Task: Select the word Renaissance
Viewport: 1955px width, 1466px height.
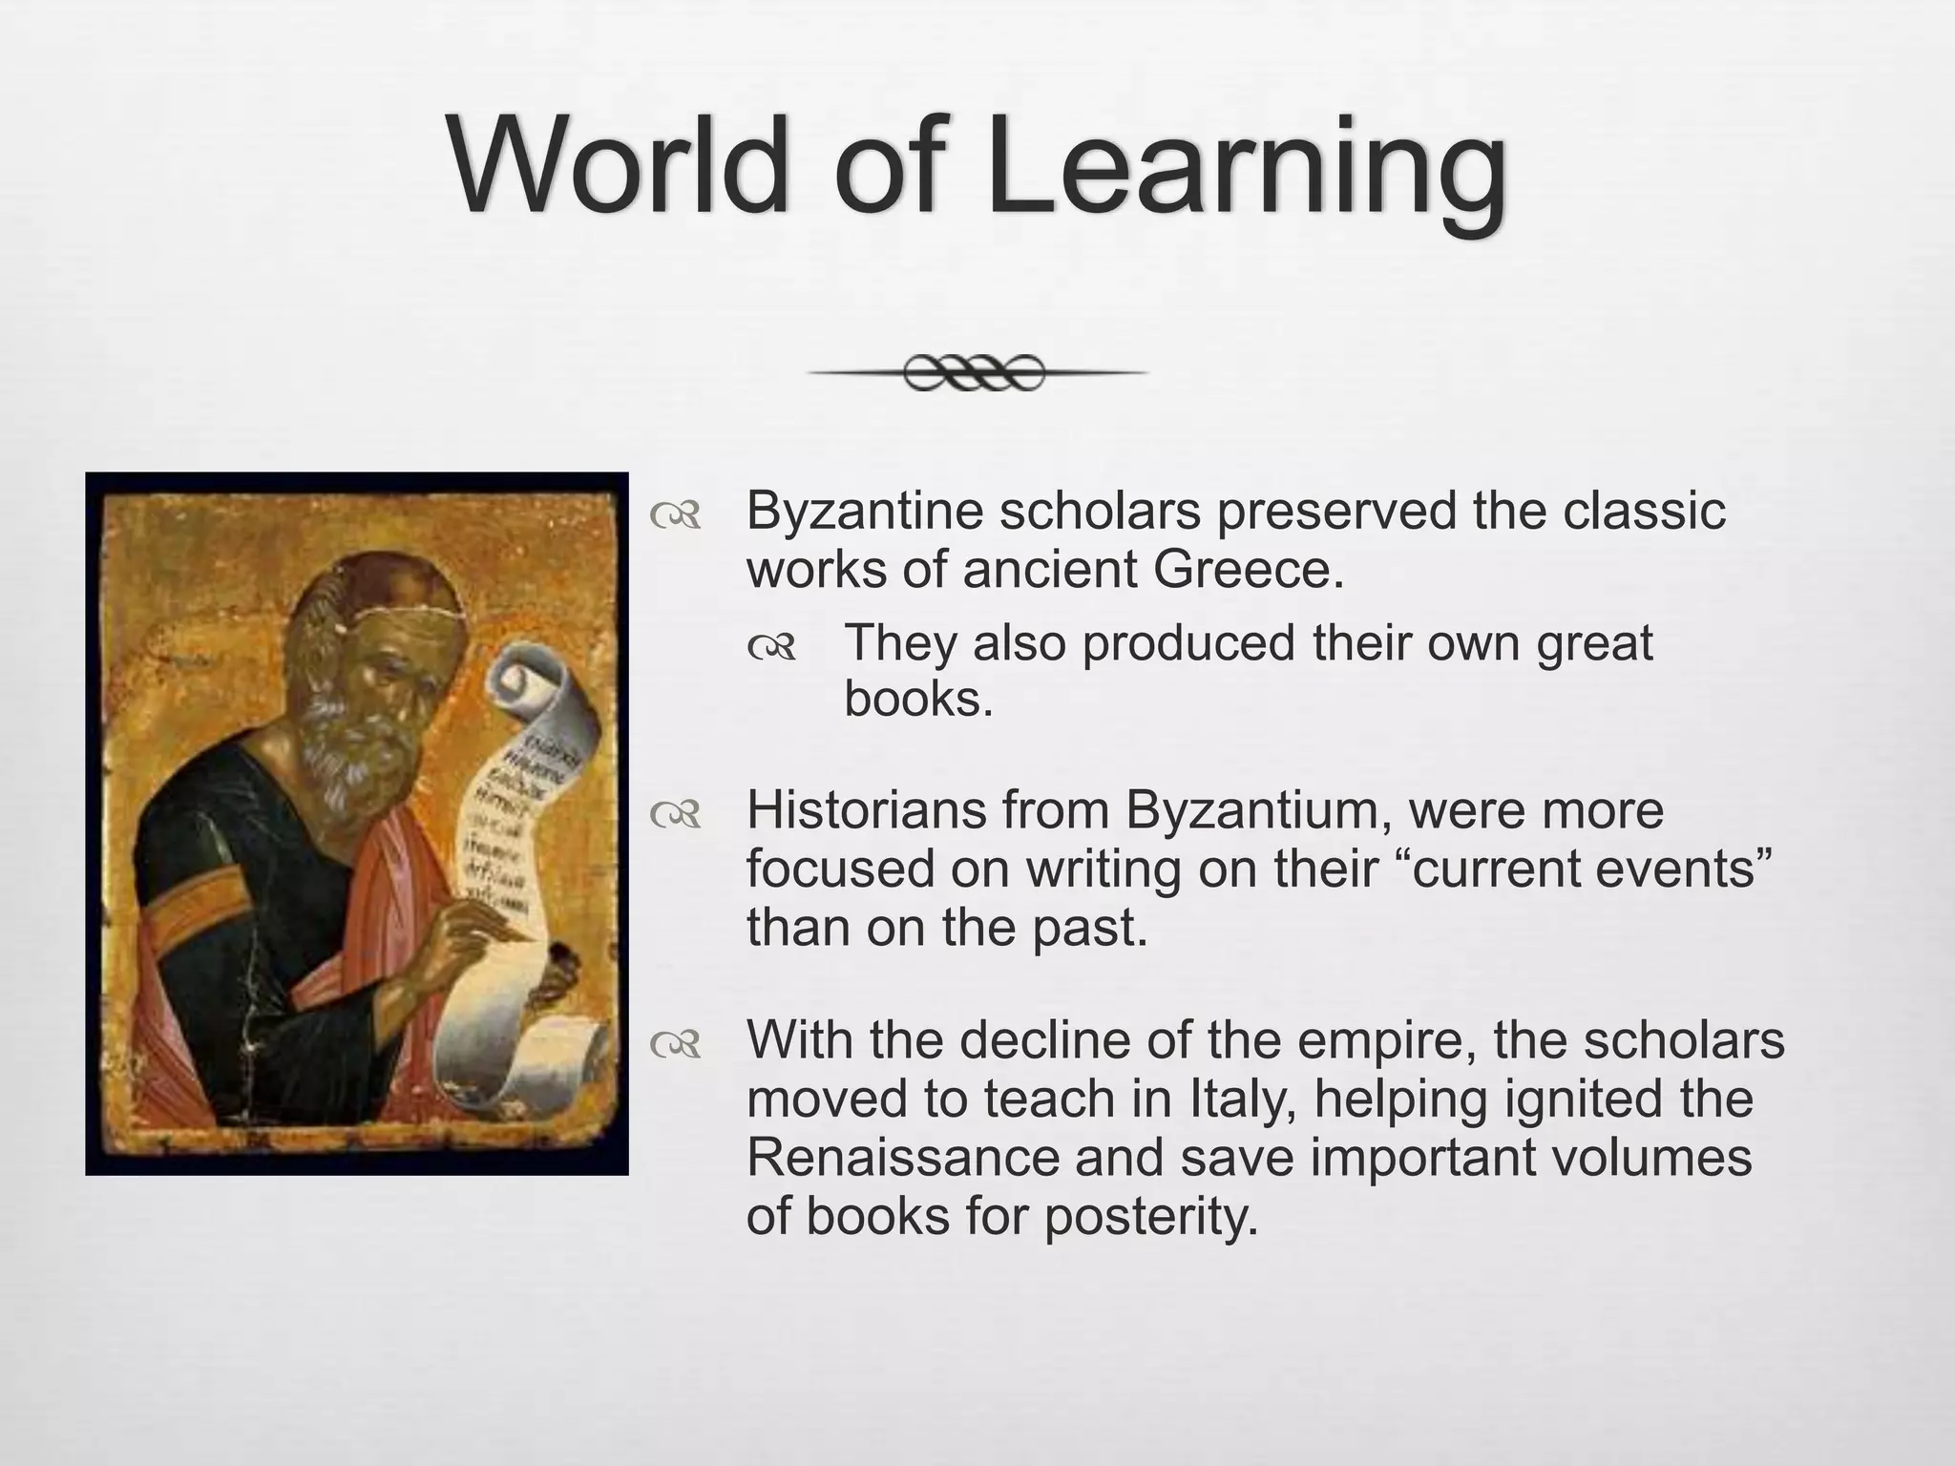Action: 902,1157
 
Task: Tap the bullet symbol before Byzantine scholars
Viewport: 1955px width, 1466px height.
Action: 675,516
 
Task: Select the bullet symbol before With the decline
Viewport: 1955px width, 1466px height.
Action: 675,1045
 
